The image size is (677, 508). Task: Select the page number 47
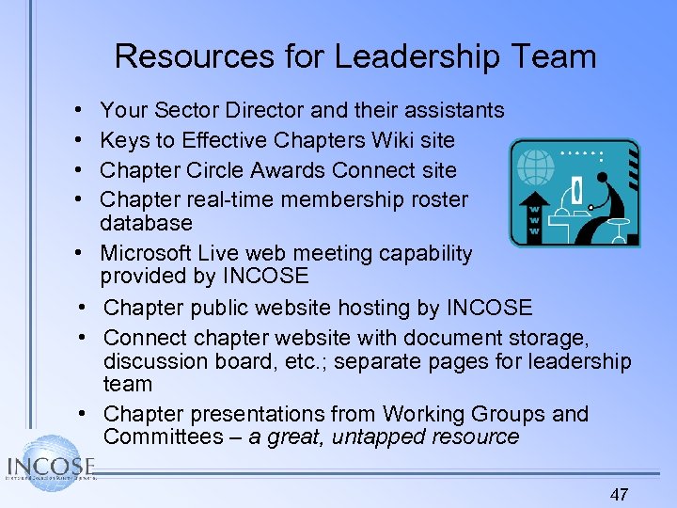click(x=619, y=494)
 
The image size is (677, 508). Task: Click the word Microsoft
click(x=147, y=253)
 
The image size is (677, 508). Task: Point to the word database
click(x=146, y=223)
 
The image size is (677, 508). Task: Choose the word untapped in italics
click(x=381, y=437)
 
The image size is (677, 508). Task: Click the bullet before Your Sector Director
click(x=74, y=111)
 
